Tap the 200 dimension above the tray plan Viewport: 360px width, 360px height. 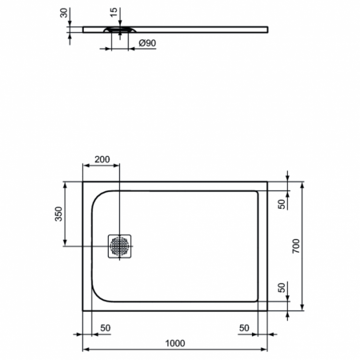pos(102,160)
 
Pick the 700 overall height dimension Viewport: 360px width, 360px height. pos(295,246)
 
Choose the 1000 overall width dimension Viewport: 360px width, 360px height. pos(174,343)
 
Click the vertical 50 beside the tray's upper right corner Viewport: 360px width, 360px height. pos(281,203)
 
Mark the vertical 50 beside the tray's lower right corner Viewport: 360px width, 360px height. pos(281,289)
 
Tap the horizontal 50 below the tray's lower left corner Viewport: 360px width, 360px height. pos(105,328)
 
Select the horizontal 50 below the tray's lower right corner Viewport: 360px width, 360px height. pos(244,328)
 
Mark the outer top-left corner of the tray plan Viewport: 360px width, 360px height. pos(83,182)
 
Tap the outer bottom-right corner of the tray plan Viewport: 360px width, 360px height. pos(267,311)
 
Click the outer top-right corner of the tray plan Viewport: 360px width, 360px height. pos(267,182)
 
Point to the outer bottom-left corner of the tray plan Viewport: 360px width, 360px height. pos(83,311)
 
